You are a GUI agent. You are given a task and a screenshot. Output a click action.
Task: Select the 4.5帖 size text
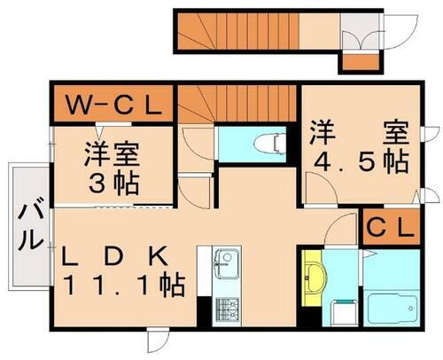(358, 162)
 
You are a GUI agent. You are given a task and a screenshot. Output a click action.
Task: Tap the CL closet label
(390, 228)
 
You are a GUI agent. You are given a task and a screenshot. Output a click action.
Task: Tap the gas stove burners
(227, 309)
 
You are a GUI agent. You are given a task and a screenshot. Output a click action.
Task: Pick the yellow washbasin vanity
(312, 277)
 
